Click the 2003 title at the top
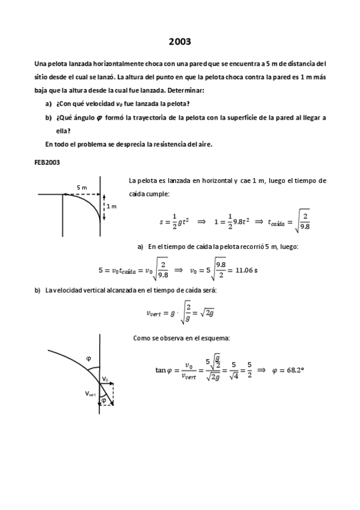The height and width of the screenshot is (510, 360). pos(180,41)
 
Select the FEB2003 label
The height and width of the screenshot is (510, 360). pos(47,162)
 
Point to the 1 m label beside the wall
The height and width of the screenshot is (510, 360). pos(112,206)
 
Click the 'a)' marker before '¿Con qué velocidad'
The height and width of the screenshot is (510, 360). pos(48,103)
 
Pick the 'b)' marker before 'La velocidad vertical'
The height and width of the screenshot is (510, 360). pos(37,290)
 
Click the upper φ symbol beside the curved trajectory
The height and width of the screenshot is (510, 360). pos(88,358)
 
